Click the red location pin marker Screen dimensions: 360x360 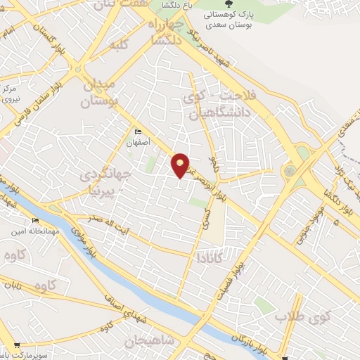click(x=181, y=165)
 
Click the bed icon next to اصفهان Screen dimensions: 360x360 click(x=138, y=131)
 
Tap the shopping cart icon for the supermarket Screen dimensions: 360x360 click(x=15, y=345)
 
